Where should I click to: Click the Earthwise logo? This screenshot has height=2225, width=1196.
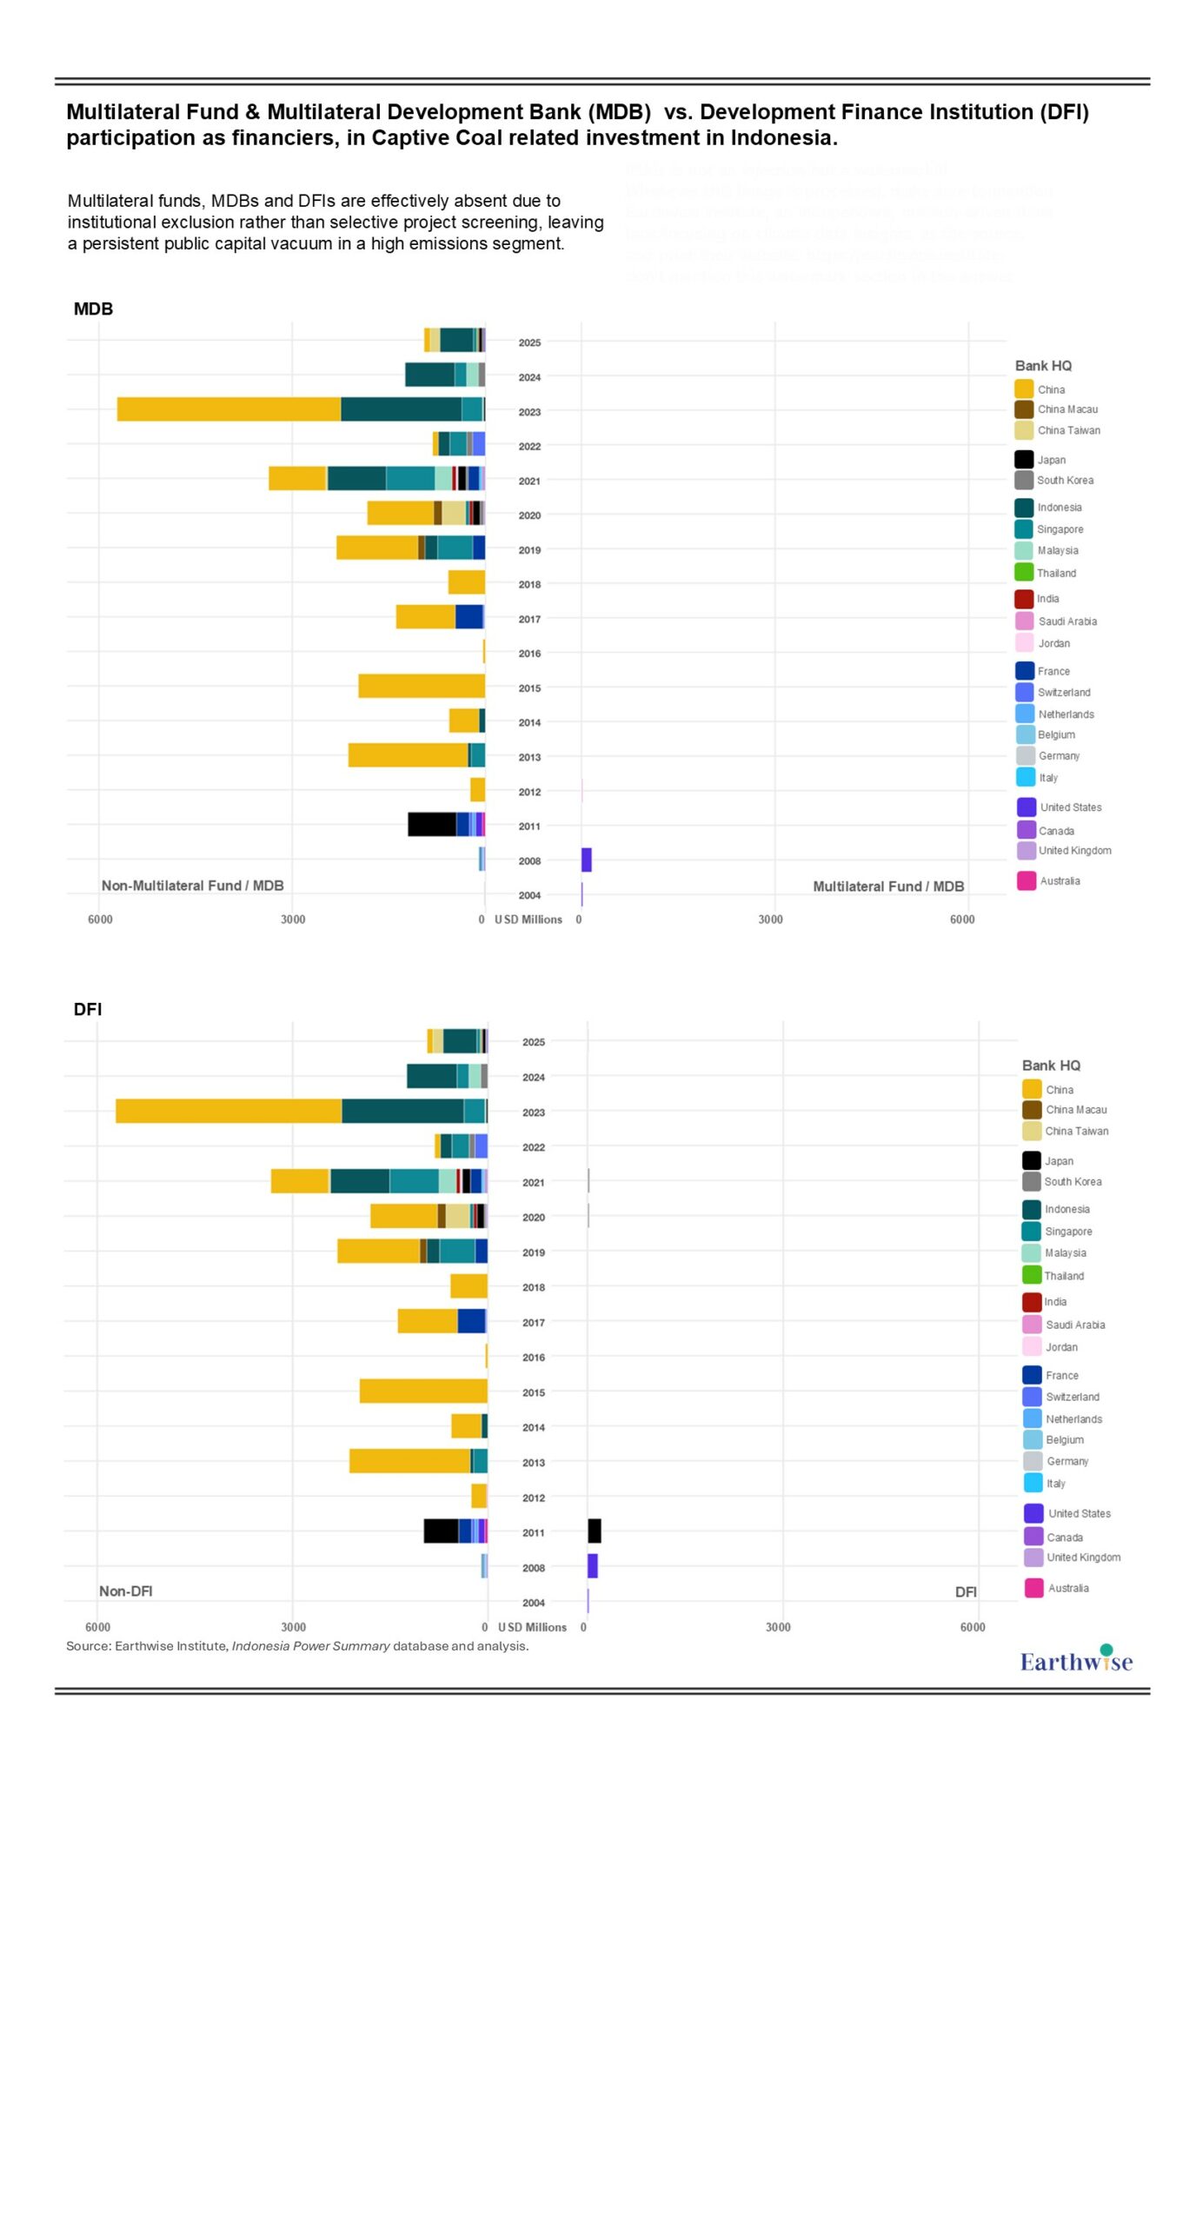click(x=1075, y=1660)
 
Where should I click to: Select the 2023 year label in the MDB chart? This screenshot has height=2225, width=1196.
click(x=529, y=412)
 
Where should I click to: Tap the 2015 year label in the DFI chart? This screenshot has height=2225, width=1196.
click(x=534, y=1392)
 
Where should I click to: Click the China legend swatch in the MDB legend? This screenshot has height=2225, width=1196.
click(x=1024, y=389)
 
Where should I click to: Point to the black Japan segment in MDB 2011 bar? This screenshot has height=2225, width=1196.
click(x=432, y=825)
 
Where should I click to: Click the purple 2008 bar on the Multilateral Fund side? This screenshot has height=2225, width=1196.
click(x=587, y=860)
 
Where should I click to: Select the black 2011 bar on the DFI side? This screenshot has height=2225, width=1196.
click(x=595, y=1531)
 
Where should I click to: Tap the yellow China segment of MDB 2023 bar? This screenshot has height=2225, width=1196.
click(x=229, y=409)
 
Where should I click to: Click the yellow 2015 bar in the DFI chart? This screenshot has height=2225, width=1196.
click(x=423, y=1391)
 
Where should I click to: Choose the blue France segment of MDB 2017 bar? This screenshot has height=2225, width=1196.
click(x=469, y=617)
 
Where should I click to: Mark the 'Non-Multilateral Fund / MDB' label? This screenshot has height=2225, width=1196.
click(x=192, y=886)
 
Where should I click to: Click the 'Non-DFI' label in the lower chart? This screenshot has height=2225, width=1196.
click(x=125, y=1591)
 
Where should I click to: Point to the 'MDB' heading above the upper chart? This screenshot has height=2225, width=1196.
click(x=93, y=309)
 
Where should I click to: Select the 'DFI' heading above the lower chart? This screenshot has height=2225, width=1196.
click(x=88, y=1009)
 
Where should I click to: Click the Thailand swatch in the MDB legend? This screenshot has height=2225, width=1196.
click(x=1024, y=573)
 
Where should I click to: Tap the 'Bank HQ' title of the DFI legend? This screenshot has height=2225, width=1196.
click(x=1051, y=1066)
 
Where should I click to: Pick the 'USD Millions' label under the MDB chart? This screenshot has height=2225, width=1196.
click(x=528, y=920)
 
